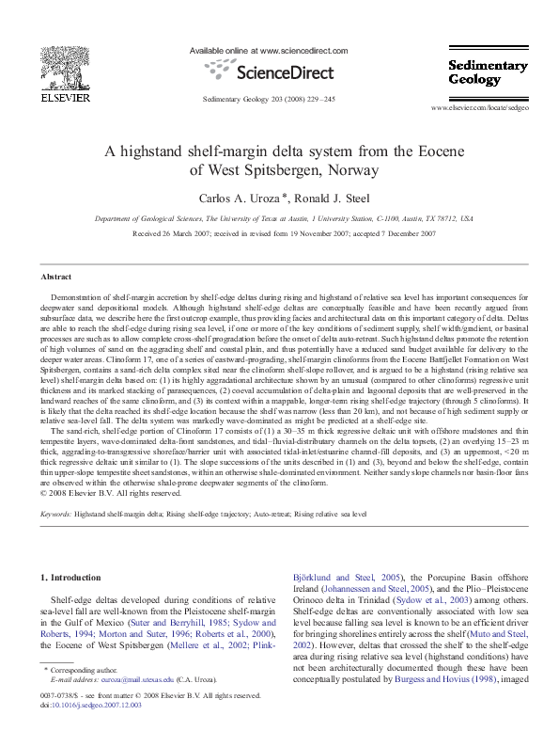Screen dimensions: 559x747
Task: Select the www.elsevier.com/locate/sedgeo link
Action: pos(487,110)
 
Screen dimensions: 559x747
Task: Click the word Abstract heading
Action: pos(55,277)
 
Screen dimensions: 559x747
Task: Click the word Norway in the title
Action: pos(346,170)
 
